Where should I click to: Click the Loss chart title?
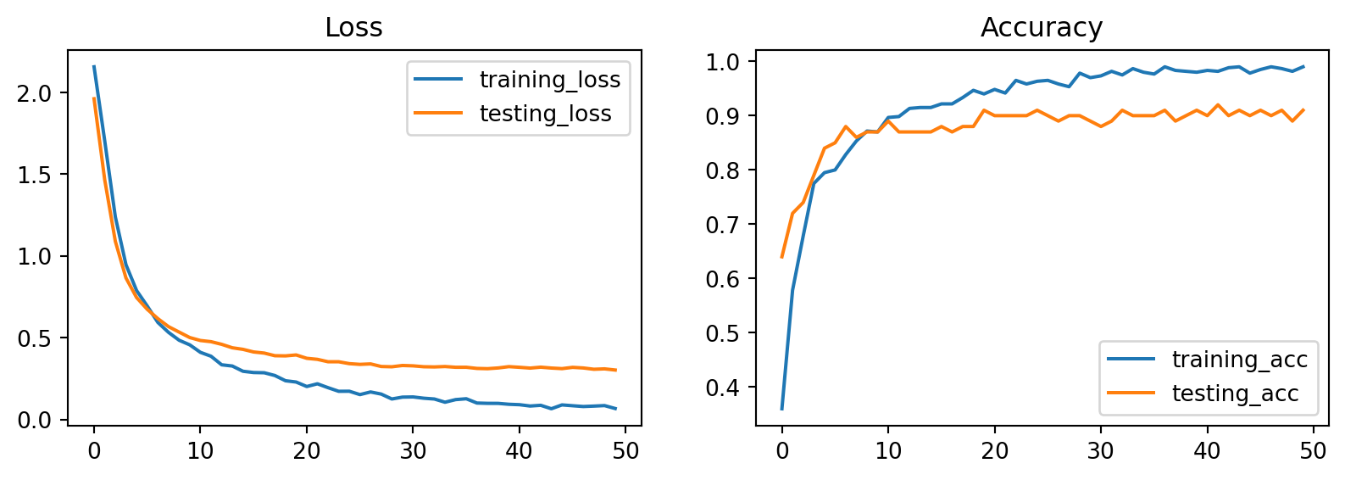[353, 28]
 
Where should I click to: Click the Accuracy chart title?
[1041, 28]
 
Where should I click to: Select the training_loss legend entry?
[549, 80]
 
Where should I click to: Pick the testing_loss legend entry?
[545, 114]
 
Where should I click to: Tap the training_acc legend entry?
[1239, 360]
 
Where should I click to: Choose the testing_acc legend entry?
[1235, 393]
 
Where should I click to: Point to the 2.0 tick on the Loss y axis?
[35, 93]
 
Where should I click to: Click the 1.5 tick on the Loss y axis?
[35, 175]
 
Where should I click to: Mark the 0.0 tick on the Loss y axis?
[35, 420]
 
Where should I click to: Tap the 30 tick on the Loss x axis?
[413, 451]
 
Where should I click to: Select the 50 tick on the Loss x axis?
[625, 451]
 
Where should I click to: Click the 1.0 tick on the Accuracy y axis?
[723, 62]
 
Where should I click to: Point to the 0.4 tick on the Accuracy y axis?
[723, 388]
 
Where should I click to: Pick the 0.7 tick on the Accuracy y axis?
[723, 225]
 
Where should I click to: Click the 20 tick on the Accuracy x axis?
[994, 451]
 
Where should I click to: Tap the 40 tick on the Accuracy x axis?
[1207, 451]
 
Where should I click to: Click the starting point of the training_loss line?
[94, 66]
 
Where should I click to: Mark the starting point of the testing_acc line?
[781, 257]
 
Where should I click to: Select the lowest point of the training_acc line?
[781, 409]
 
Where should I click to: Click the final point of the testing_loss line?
[615, 370]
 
